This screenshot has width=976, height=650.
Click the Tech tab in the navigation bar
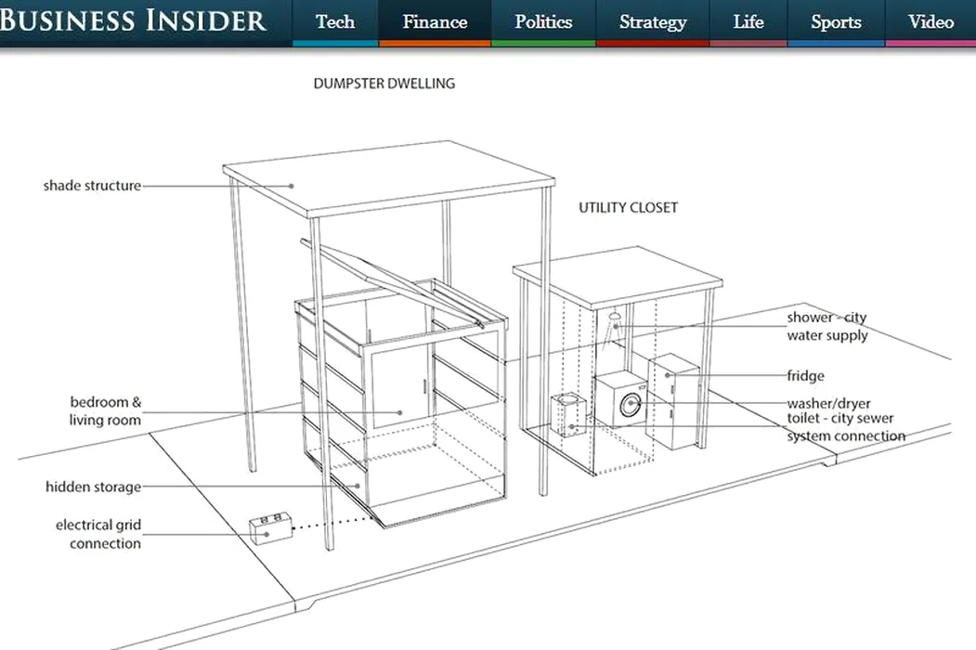click(x=335, y=22)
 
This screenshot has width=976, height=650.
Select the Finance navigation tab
click(x=435, y=22)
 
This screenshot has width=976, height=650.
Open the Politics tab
click(x=543, y=22)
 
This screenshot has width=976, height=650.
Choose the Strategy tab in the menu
click(x=652, y=22)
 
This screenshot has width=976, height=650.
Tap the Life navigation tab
click(x=748, y=22)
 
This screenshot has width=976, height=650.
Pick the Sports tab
click(x=836, y=22)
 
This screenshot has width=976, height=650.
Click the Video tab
click(x=930, y=22)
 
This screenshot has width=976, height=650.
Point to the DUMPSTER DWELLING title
click(x=384, y=84)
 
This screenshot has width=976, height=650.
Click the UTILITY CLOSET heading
click(x=628, y=208)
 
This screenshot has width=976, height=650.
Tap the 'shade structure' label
click(x=92, y=186)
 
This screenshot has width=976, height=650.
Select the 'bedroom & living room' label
click(x=105, y=411)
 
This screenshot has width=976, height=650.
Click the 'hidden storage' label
click(x=94, y=487)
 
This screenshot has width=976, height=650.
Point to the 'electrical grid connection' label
click(x=98, y=534)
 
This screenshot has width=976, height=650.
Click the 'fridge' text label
click(x=805, y=376)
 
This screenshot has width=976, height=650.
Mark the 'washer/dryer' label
click(x=828, y=403)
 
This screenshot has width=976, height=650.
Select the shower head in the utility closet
click(x=615, y=317)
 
